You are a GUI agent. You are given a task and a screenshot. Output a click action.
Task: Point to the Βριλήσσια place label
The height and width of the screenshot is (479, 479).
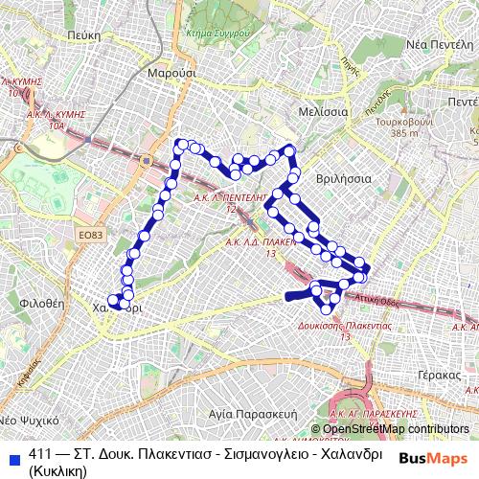342,178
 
